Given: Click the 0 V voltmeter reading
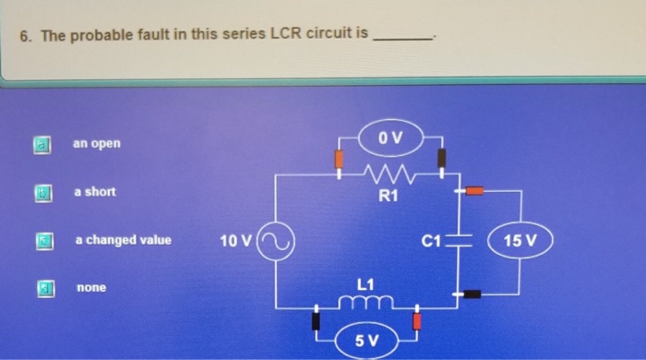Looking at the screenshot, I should (x=391, y=138).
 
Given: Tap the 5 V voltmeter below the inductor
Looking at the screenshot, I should (x=366, y=341).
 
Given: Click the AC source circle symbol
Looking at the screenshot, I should (x=275, y=242).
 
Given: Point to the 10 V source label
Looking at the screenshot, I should (x=235, y=242).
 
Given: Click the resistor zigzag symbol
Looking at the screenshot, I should (x=389, y=172).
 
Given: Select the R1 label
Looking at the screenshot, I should (x=388, y=195).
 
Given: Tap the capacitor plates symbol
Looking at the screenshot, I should (x=461, y=242).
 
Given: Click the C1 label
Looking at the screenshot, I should (x=431, y=242).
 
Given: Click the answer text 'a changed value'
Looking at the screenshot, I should (x=123, y=240).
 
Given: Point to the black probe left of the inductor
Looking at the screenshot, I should (x=317, y=319).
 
